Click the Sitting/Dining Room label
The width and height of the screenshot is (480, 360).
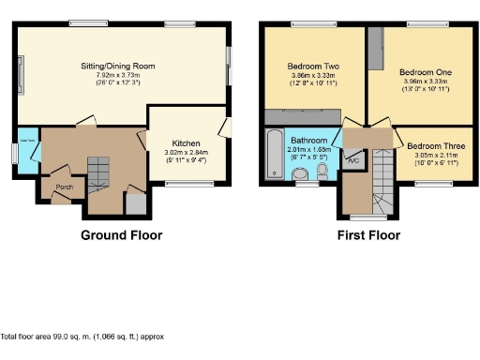click(117, 67)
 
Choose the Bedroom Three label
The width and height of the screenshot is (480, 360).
click(438, 146)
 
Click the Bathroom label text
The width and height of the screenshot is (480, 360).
click(308, 140)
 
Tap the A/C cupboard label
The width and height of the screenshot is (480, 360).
click(353, 161)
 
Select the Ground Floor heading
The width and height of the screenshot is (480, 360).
click(121, 235)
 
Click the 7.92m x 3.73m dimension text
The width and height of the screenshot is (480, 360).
click(117, 75)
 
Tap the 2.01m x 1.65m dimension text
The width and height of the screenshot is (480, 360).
click(308, 148)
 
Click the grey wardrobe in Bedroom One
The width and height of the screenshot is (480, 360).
click(376, 49)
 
